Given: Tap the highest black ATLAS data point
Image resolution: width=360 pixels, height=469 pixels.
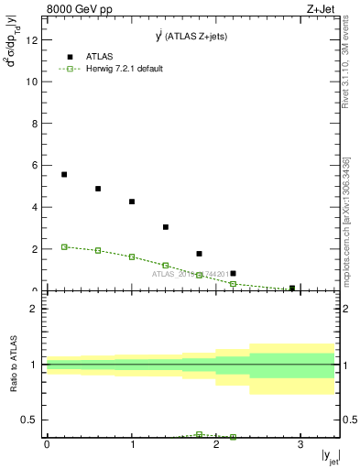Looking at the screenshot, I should coord(64,174).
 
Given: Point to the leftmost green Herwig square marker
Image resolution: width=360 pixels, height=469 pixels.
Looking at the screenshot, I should coord(64,246).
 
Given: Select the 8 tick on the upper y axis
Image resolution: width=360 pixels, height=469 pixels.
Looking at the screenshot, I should coord(35,124).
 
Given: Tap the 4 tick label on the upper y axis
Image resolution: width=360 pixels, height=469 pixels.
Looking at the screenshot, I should coord(35,207).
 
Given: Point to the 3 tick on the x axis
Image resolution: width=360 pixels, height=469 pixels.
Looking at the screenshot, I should coord(300,443).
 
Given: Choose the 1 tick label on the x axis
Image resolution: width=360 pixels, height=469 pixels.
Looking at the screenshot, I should coord(132,443).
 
